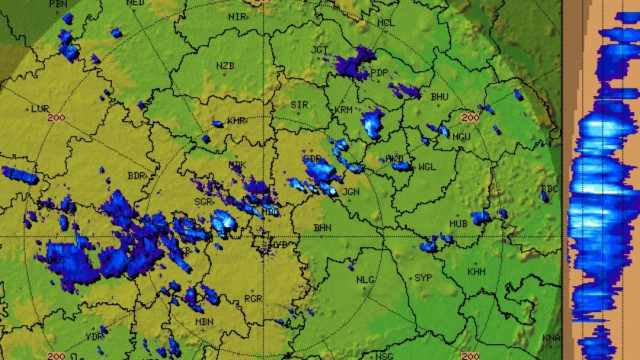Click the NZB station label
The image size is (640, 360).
pyautogui.click(x=225, y=65)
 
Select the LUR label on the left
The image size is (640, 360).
pyautogui.click(x=41, y=108)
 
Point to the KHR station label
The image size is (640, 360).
pyautogui.click(x=236, y=121)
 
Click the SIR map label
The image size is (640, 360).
pyautogui.click(x=298, y=104)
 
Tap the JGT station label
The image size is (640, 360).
pyautogui.click(x=320, y=49)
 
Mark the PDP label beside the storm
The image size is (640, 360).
pyautogui.click(x=379, y=73)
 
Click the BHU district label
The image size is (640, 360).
pyautogui.click(x=438, y=96)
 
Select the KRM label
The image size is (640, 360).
pyautogui.click(x=344, y=109)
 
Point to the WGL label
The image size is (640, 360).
pyautogui.click(x=427, y=167)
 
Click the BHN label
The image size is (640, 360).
pyautogui.click(x=322, y=228)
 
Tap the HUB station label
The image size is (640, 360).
pyautogui.click(x=459, y=224)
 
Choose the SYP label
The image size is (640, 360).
pyautogui.click(x=423, y=277)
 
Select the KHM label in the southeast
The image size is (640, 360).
pyautogui.click(x=476, y=272)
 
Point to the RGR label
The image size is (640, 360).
pyautogui.click(x=253, y=298)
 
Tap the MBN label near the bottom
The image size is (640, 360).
pyautogui.click(x=204, y=321)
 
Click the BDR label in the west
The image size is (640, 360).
pyautogui.click(x=136, y=176)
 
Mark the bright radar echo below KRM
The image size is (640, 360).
pyautogui.click(x=373, y=124)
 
